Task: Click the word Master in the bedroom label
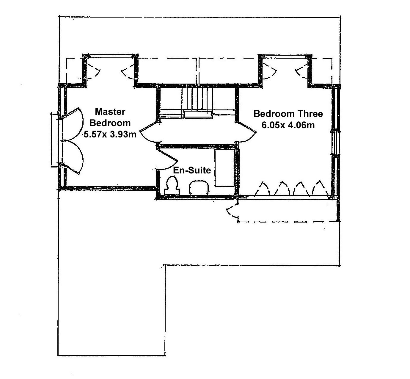pos(110,112)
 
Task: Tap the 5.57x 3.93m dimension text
pos(110,134)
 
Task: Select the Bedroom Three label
pos(288,114)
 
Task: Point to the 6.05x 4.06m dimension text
pos(288,125)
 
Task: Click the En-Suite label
pos(192,170)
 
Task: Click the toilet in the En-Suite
pos(172,186)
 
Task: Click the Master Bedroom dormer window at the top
pos(110,55)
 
